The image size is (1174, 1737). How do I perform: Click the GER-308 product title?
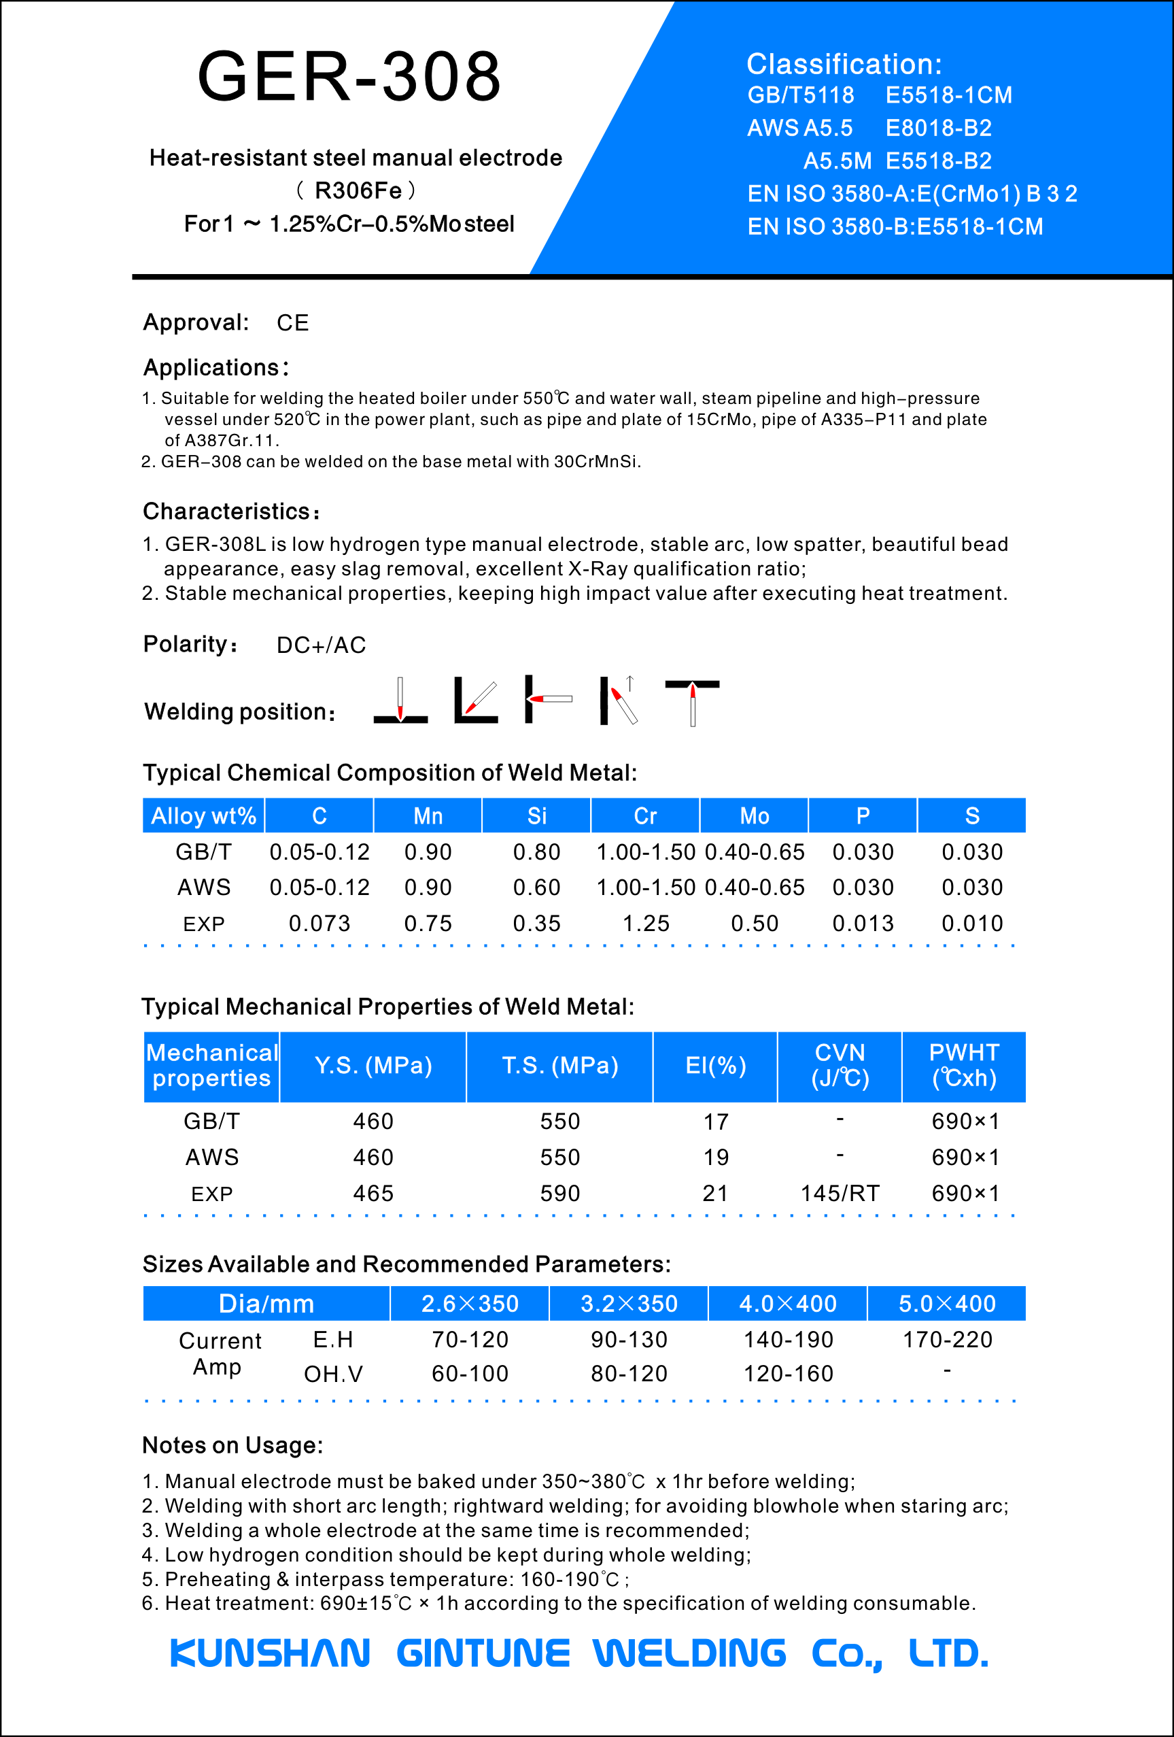[349, 76]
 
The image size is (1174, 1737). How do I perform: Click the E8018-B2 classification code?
[938, 128]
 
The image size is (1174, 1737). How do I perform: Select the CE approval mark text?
[292, 323]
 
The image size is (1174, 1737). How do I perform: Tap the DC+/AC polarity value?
[322, 645]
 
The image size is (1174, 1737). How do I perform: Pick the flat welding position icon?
[400, 701]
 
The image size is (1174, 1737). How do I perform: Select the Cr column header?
[645, 815]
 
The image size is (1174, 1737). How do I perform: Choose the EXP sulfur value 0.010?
[971, 923]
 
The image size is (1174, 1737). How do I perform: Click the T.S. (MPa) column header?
[559, 1066]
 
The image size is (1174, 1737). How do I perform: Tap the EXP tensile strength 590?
[559, 1193]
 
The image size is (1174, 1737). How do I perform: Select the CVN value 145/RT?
[840, 1193]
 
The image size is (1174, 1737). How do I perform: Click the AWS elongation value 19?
[715, 1157]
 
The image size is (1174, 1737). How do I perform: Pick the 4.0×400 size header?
[788, 1304]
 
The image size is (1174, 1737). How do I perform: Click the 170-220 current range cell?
[947, 1339]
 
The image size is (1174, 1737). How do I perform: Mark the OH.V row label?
[333, 1374]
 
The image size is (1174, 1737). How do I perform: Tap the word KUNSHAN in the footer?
[270, 1653]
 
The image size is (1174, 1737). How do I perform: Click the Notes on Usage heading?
[232, 1445]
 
